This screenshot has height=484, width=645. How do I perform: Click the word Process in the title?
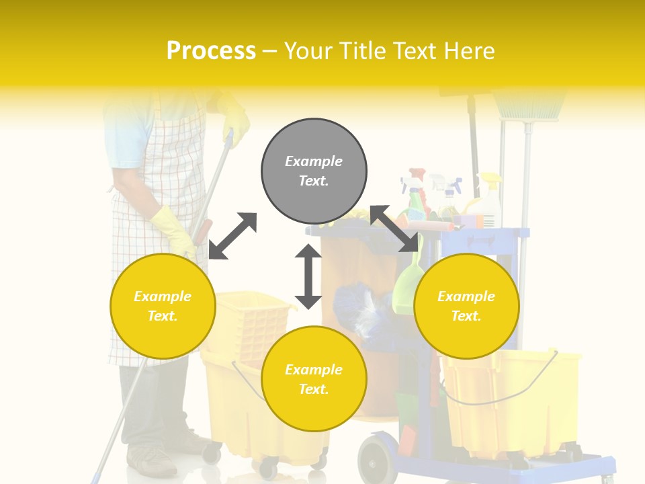pyautogui.click(x=211, y=51)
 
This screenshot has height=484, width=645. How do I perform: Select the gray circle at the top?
pyautogui.click(x=314, y=171)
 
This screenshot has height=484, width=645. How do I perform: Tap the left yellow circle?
pyautogui.click(x=163, y=306)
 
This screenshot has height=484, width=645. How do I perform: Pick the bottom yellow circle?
pyautogui.click(x=314, y=379)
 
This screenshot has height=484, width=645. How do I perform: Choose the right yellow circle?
pyautogui.click(x=466, y=306)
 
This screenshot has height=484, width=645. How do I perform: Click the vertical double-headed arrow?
pyautogui.click(x=308, y=276)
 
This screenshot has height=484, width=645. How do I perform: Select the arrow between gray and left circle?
pyautogui.click(x=232, y=236)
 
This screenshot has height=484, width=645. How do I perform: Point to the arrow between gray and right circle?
pyautogui.click(x=395, y=229)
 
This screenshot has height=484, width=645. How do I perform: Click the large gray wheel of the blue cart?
pyautogui.click(x=378, y=460)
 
